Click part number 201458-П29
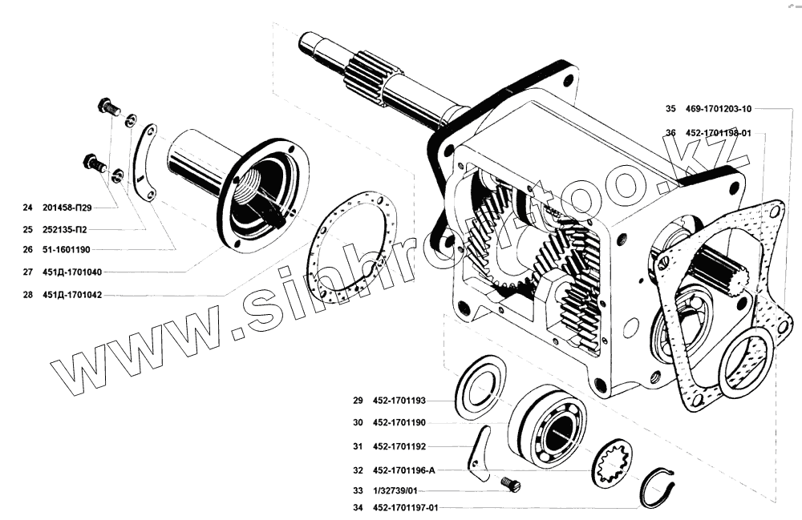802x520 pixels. (70, 208)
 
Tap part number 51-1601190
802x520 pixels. (69, 250)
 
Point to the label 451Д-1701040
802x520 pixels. (73, 272)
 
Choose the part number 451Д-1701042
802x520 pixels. (73, 294)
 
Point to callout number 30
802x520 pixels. (357, 422)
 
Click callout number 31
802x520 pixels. (357, 445)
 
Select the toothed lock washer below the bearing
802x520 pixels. (611, 465)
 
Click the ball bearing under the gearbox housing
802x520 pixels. (548, 425)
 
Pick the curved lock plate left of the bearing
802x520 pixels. (480, 453)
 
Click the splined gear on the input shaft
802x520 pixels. (371, 79)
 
